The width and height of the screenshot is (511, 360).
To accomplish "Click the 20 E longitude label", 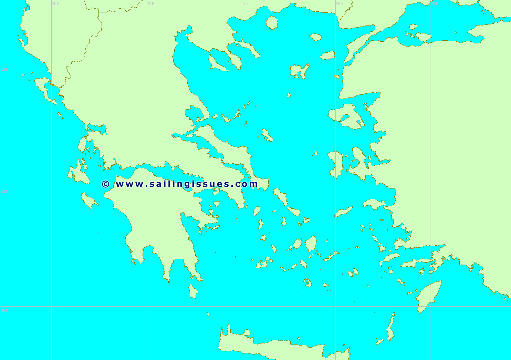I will (55, 4).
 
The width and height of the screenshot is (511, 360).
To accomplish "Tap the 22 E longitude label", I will (150, 4).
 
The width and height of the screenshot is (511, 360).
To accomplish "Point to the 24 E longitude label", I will (245, 4).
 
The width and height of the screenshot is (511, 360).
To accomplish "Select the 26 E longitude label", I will (340, 4).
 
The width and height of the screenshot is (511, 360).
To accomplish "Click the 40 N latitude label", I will (4, 70).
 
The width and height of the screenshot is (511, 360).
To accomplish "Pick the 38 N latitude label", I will (4, 192).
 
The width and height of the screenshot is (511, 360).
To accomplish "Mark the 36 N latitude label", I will (4, 310).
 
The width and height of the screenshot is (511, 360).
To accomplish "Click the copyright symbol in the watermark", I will (106, 184).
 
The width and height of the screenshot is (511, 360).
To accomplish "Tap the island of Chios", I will (336, 164).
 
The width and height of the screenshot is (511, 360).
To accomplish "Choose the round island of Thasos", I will (272, 22).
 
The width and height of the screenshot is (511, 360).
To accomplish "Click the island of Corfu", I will (43, 86).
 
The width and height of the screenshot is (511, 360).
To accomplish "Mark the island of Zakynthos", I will (89, 201).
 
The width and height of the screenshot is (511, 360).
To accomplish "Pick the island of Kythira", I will (193, 291).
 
